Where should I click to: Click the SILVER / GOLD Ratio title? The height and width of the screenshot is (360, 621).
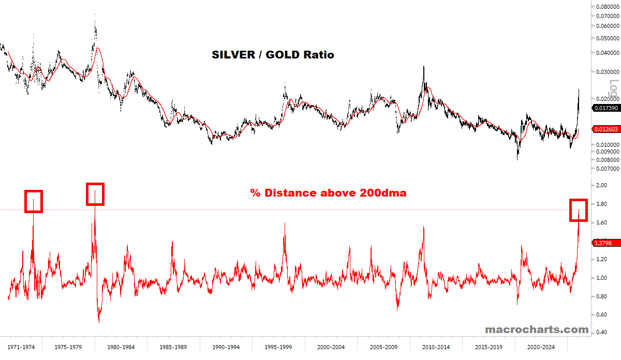[273, 54]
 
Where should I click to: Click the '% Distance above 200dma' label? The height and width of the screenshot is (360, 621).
[328, 193]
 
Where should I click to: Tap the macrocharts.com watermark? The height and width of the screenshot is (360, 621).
[537, 329]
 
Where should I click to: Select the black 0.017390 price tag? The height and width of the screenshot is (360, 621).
[605, 108]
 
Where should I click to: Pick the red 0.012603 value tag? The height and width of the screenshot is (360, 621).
[605, 129]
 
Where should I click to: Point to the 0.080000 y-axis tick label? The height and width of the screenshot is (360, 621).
[607, 7]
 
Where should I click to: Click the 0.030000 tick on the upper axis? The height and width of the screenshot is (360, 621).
[607, 72]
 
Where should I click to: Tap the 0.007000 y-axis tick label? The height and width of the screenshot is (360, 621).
[607, 169]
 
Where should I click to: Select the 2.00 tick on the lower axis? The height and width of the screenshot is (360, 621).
[601, 185]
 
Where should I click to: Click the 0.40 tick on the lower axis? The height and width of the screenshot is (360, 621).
[601, 332]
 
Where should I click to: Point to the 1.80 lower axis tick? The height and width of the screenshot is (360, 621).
[601, 204]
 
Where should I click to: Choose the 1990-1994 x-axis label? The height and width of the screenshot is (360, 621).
[226, 347]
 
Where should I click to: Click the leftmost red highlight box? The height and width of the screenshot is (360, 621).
[34, 201]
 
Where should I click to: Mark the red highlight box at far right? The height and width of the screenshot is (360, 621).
[579, 210]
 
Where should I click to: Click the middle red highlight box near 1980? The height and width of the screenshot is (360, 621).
[95, 194]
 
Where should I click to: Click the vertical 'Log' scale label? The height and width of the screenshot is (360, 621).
[614, 87]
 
